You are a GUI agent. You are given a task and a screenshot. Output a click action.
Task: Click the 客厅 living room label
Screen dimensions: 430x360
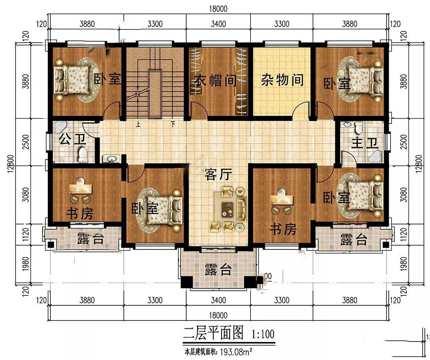(218, 175)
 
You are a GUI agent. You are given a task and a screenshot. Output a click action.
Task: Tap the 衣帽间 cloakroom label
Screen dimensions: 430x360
(215, 80)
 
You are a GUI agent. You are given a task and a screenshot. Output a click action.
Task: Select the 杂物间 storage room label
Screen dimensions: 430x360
(282, 80)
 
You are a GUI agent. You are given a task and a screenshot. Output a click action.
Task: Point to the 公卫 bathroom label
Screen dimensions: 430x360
(73, 139)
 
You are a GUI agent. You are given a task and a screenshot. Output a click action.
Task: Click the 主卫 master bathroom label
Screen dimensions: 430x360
(365, 143)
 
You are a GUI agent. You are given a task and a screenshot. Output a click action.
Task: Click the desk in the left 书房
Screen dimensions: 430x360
(81, 189)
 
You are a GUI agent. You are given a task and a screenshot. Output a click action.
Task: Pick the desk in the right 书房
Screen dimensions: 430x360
(282, 200)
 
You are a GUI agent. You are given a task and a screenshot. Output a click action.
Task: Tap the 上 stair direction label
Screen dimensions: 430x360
(138, 124)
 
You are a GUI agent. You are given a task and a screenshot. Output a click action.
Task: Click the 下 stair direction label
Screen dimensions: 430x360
(173, 124)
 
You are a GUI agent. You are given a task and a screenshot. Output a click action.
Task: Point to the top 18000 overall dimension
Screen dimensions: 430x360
(218, 9)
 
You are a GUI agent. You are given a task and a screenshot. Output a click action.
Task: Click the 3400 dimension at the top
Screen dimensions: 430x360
(218, 24)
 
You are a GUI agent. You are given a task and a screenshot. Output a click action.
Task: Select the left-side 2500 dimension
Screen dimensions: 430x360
(25, 142)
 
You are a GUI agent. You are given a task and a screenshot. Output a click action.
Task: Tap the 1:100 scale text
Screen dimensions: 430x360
(263, 334)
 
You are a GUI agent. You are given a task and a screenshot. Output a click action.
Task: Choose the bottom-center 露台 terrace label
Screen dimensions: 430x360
(218, 270)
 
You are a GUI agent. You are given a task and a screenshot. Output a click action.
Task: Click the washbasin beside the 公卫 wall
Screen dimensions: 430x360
(111, 159)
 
